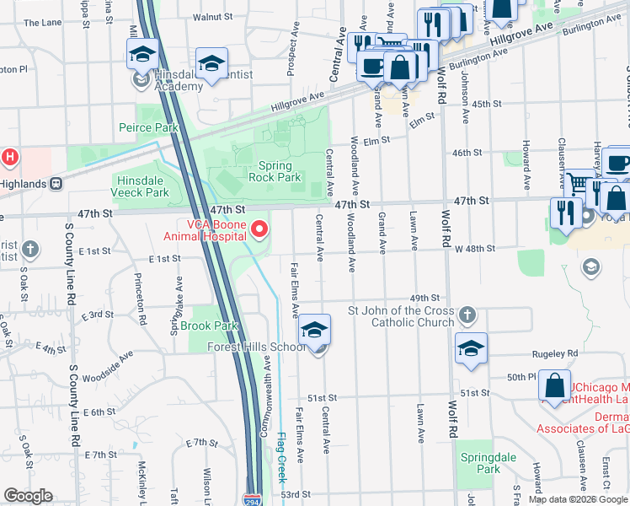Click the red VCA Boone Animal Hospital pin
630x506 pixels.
260,229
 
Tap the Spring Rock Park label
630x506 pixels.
274,171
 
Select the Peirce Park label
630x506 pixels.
148,127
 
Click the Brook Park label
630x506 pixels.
208,326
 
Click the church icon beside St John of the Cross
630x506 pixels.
468,316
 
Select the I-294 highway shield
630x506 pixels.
252,499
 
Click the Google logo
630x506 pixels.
28,496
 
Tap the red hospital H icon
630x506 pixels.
9,156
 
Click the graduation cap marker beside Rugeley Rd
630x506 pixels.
471,347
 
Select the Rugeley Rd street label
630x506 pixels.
560,353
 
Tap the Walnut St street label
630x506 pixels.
212,16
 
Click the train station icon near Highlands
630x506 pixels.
57,183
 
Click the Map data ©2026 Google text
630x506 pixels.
577,499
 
